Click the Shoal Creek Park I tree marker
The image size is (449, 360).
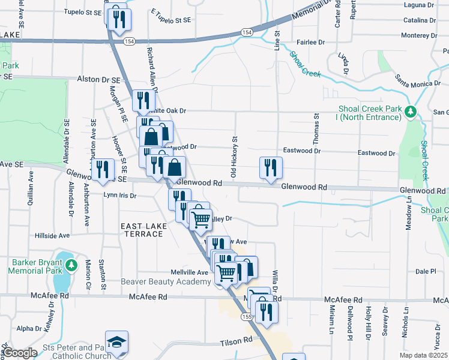pos(411,112)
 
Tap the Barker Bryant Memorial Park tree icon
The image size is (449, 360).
pos(71,265)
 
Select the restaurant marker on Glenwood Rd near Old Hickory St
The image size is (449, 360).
pos(271,167)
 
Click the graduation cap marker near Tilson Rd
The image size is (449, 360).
pos(116,341)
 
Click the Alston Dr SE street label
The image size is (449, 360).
pos(99,79)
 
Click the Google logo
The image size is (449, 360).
pos(20,352)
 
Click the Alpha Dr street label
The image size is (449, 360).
pos(29,328)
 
